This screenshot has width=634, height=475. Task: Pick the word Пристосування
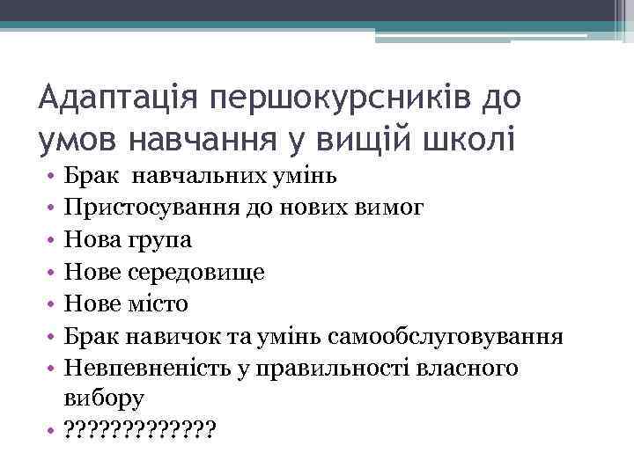click(144, 208)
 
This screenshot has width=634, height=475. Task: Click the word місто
click(157, 303)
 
